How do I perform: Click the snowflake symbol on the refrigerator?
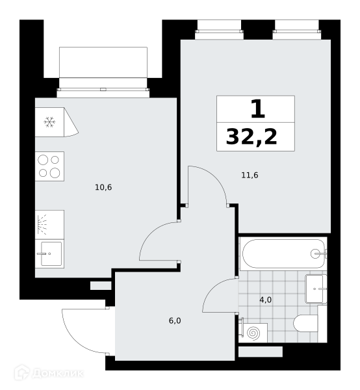pyautogui.click(x=49, y=122)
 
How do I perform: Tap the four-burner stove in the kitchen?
pyautogui.click(x=49, y=166)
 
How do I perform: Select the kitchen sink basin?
pyautogui.click(x=51, y=253)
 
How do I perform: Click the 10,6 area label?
pyautogui.click(x=103, y=187)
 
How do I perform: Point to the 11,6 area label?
pyautogui.click(x=250, y=175)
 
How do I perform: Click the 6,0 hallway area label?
pyautogui.click(x=175, y=320)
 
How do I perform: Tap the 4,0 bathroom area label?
pyautogui.click(x=265, y=300)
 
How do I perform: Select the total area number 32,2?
pyautogui.click(x=251, y=136)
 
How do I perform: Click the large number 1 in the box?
pyautogui.click(x=257, y=109)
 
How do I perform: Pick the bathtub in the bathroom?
pyautogui.click(x=284, y=253)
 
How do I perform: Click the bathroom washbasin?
pyautogui.click(x=316, y=289)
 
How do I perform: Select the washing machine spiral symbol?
pyautogui.click(x=254, y=333)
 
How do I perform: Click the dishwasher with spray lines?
pyautogui.click(x=49, y=225)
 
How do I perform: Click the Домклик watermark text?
pyautogui.click(x=58, y=374)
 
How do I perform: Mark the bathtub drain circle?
pyautogui.click(x=315, y=253)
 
